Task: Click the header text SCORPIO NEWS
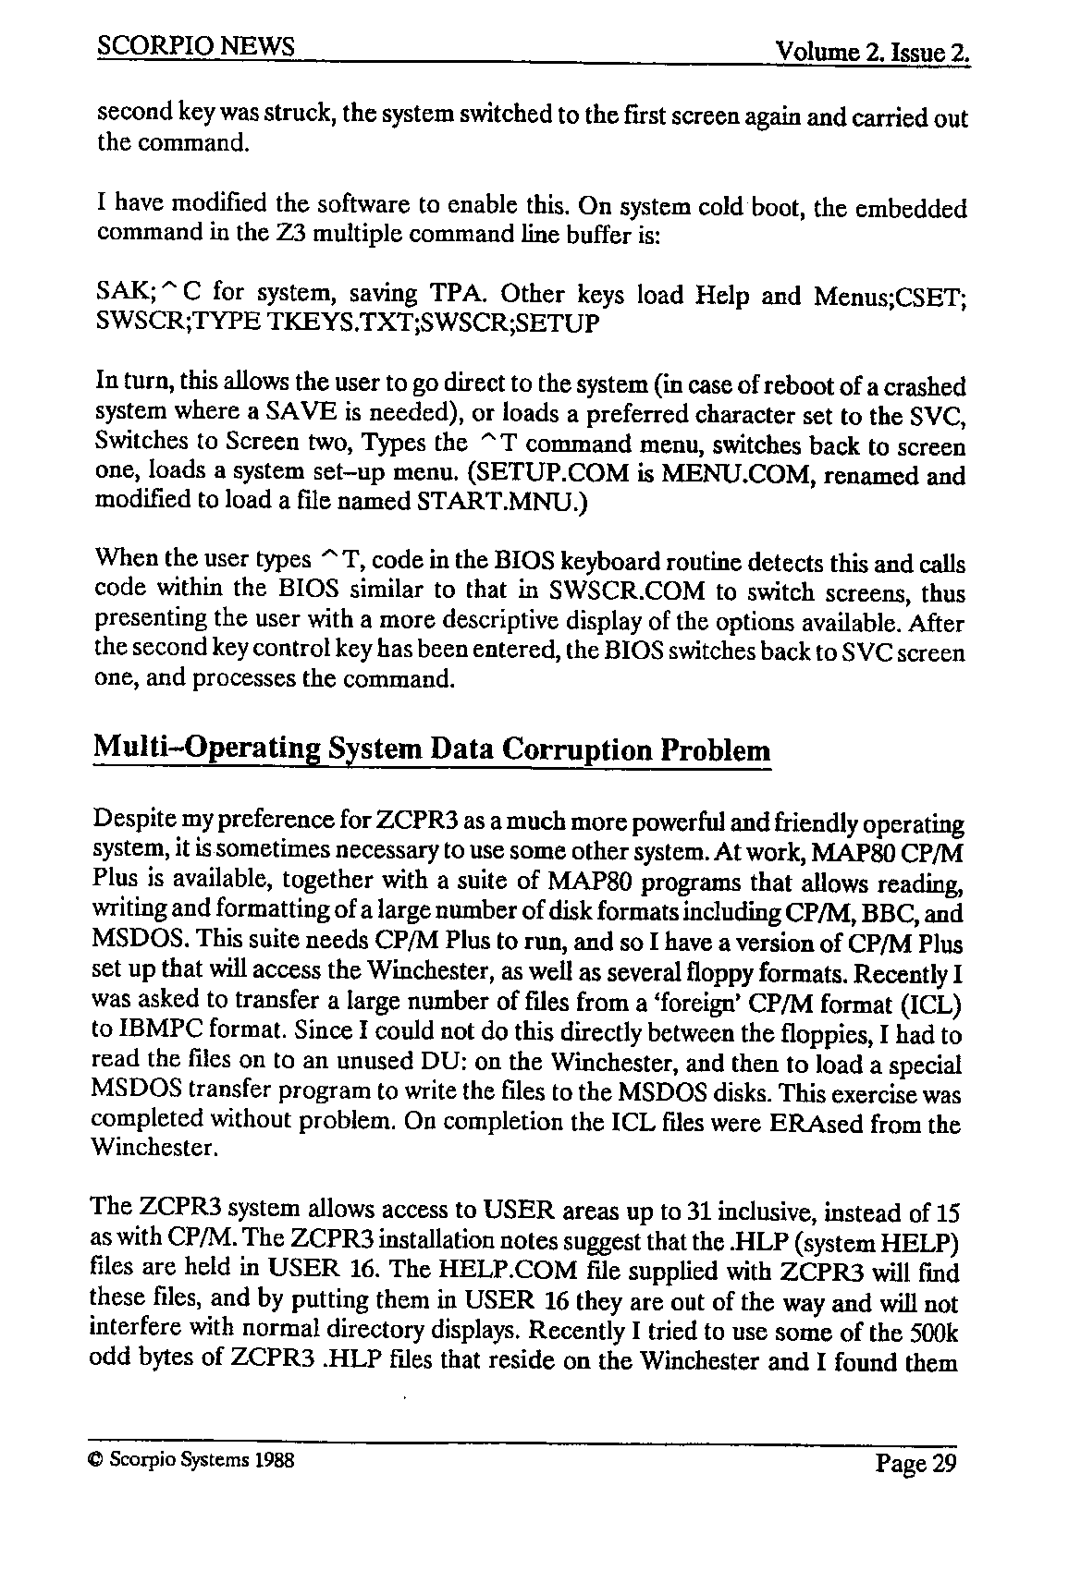[x=195, y=47]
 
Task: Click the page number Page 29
[x=915, y=1463]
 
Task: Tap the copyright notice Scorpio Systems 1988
[x=191, y=1460]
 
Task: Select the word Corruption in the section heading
[x=577, y=749]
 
